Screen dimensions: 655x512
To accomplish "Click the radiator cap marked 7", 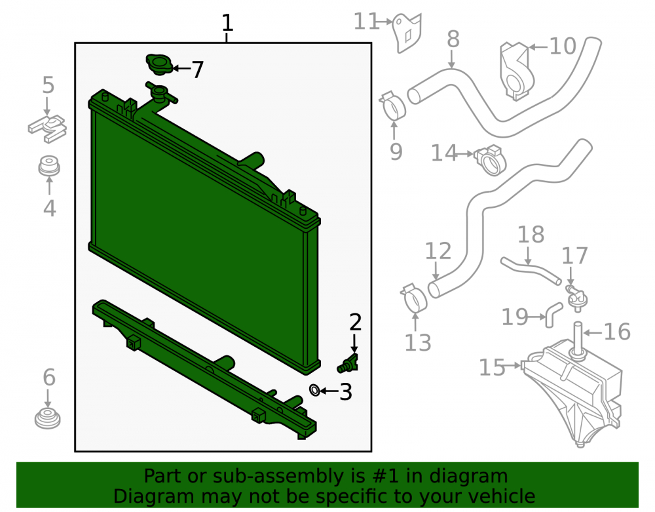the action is click(x=159, y=65).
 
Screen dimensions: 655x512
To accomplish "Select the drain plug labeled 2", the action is click(x=348, y=364).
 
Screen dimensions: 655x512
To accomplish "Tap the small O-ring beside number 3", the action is click(x=314, y=390).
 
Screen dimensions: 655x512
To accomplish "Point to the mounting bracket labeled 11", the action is click(x=407, y=32).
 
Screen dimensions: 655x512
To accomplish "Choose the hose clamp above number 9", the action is click(x=392, y=107).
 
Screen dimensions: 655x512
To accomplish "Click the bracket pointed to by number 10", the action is click(x=517, y=71).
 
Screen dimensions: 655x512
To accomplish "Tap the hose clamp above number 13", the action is click(x=414, y=298).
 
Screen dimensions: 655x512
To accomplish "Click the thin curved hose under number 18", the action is click(x=530, y=271).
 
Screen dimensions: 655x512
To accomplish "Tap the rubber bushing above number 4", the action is click(x=49, y=167).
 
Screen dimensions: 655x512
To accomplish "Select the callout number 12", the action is click(x=438, y=251).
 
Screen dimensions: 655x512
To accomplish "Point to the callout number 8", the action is click(x=453, y=40).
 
